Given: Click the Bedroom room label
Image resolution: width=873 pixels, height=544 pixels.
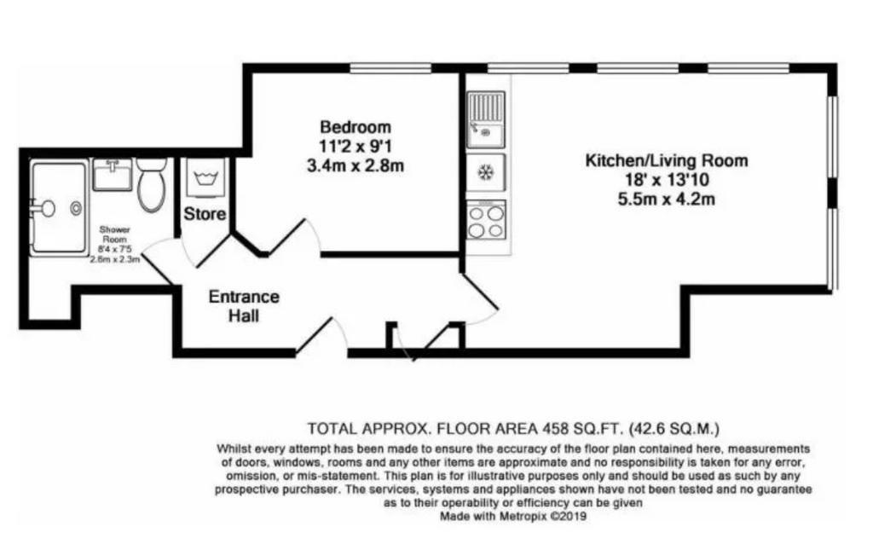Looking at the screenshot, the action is [356, 127].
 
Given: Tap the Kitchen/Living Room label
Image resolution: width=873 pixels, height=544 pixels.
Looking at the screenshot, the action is [667, 161].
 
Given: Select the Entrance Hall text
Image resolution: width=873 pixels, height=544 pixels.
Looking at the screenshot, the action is [244, 306].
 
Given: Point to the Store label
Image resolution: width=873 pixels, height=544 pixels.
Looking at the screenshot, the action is [205, 214].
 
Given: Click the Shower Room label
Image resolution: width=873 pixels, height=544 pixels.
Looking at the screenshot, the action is [115, 234].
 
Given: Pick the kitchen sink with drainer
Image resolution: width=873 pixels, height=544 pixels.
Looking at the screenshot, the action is [486, 119].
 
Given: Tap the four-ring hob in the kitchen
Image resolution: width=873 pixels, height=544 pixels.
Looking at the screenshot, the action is [486, 221].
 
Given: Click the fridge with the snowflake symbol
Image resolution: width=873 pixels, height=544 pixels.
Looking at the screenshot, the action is [486, 173].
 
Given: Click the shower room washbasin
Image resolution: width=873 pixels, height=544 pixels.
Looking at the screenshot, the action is [112, 175].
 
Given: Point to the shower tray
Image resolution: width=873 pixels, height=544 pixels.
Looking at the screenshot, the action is [59, 208].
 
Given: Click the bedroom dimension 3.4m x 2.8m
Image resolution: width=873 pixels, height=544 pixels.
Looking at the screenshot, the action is [356, 165].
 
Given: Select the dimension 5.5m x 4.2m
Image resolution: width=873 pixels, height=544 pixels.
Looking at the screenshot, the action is [667, 199].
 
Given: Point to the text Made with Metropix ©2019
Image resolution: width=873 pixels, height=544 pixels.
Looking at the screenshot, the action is [513, 516].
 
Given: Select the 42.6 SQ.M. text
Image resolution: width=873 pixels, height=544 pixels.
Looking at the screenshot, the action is [674, 429].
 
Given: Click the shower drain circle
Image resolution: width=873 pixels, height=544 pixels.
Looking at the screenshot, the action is [76, 208].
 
